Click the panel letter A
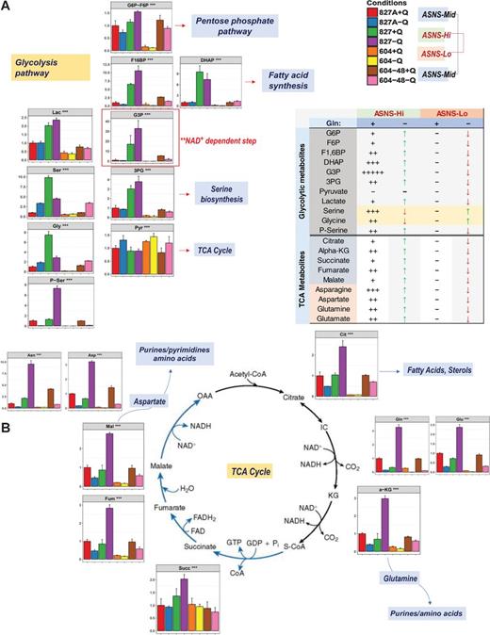point(7,8)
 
